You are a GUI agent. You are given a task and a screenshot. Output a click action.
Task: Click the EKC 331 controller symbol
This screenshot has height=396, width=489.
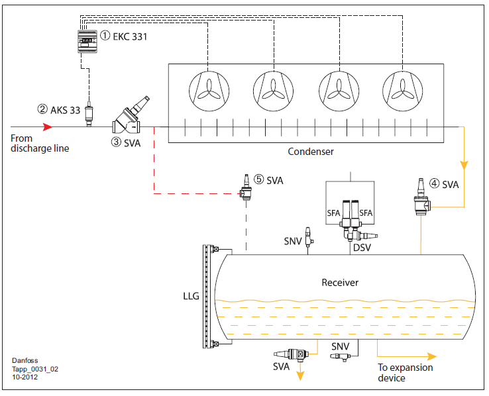[87, 41]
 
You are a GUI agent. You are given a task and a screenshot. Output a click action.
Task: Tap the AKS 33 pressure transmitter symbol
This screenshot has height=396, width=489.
[89, 113]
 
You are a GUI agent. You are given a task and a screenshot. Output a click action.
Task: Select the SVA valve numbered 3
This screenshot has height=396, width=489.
[129, 117]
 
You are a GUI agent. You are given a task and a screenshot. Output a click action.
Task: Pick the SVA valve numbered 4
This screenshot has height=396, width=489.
[422, 197]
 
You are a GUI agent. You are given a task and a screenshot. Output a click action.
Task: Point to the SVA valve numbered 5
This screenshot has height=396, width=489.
[246, 187]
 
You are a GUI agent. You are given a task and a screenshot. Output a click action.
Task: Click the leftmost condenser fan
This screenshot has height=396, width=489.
[209, 91]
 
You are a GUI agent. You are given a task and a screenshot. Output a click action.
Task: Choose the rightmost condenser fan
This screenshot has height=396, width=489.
[402, 91]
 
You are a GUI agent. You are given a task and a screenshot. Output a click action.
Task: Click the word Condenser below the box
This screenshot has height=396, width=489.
[311, 152]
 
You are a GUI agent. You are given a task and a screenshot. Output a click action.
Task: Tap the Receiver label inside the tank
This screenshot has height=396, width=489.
[340, 283]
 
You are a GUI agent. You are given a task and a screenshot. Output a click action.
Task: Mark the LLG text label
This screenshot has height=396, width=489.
[191, 296]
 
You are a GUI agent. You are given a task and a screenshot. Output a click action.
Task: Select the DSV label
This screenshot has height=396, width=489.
[362, 248]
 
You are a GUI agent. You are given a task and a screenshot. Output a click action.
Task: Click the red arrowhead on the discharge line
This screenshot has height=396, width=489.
[48, 126]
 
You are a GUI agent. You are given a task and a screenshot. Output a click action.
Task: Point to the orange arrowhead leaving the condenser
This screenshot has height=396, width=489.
[464, 166]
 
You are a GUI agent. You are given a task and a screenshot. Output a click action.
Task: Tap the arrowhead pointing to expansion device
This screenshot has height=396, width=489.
[432, 356]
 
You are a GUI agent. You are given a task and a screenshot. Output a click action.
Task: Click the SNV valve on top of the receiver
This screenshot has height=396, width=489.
[309, 236]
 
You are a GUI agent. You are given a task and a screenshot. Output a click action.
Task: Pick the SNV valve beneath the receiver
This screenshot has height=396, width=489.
[341, 356]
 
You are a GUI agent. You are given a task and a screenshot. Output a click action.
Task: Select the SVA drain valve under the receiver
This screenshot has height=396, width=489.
[292, 354]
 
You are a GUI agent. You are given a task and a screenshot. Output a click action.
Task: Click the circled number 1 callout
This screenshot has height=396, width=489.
[105, 36]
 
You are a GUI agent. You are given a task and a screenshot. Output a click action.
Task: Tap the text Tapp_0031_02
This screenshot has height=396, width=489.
[35, 370]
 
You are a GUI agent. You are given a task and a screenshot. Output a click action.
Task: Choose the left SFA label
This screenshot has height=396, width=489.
[333, 213]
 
